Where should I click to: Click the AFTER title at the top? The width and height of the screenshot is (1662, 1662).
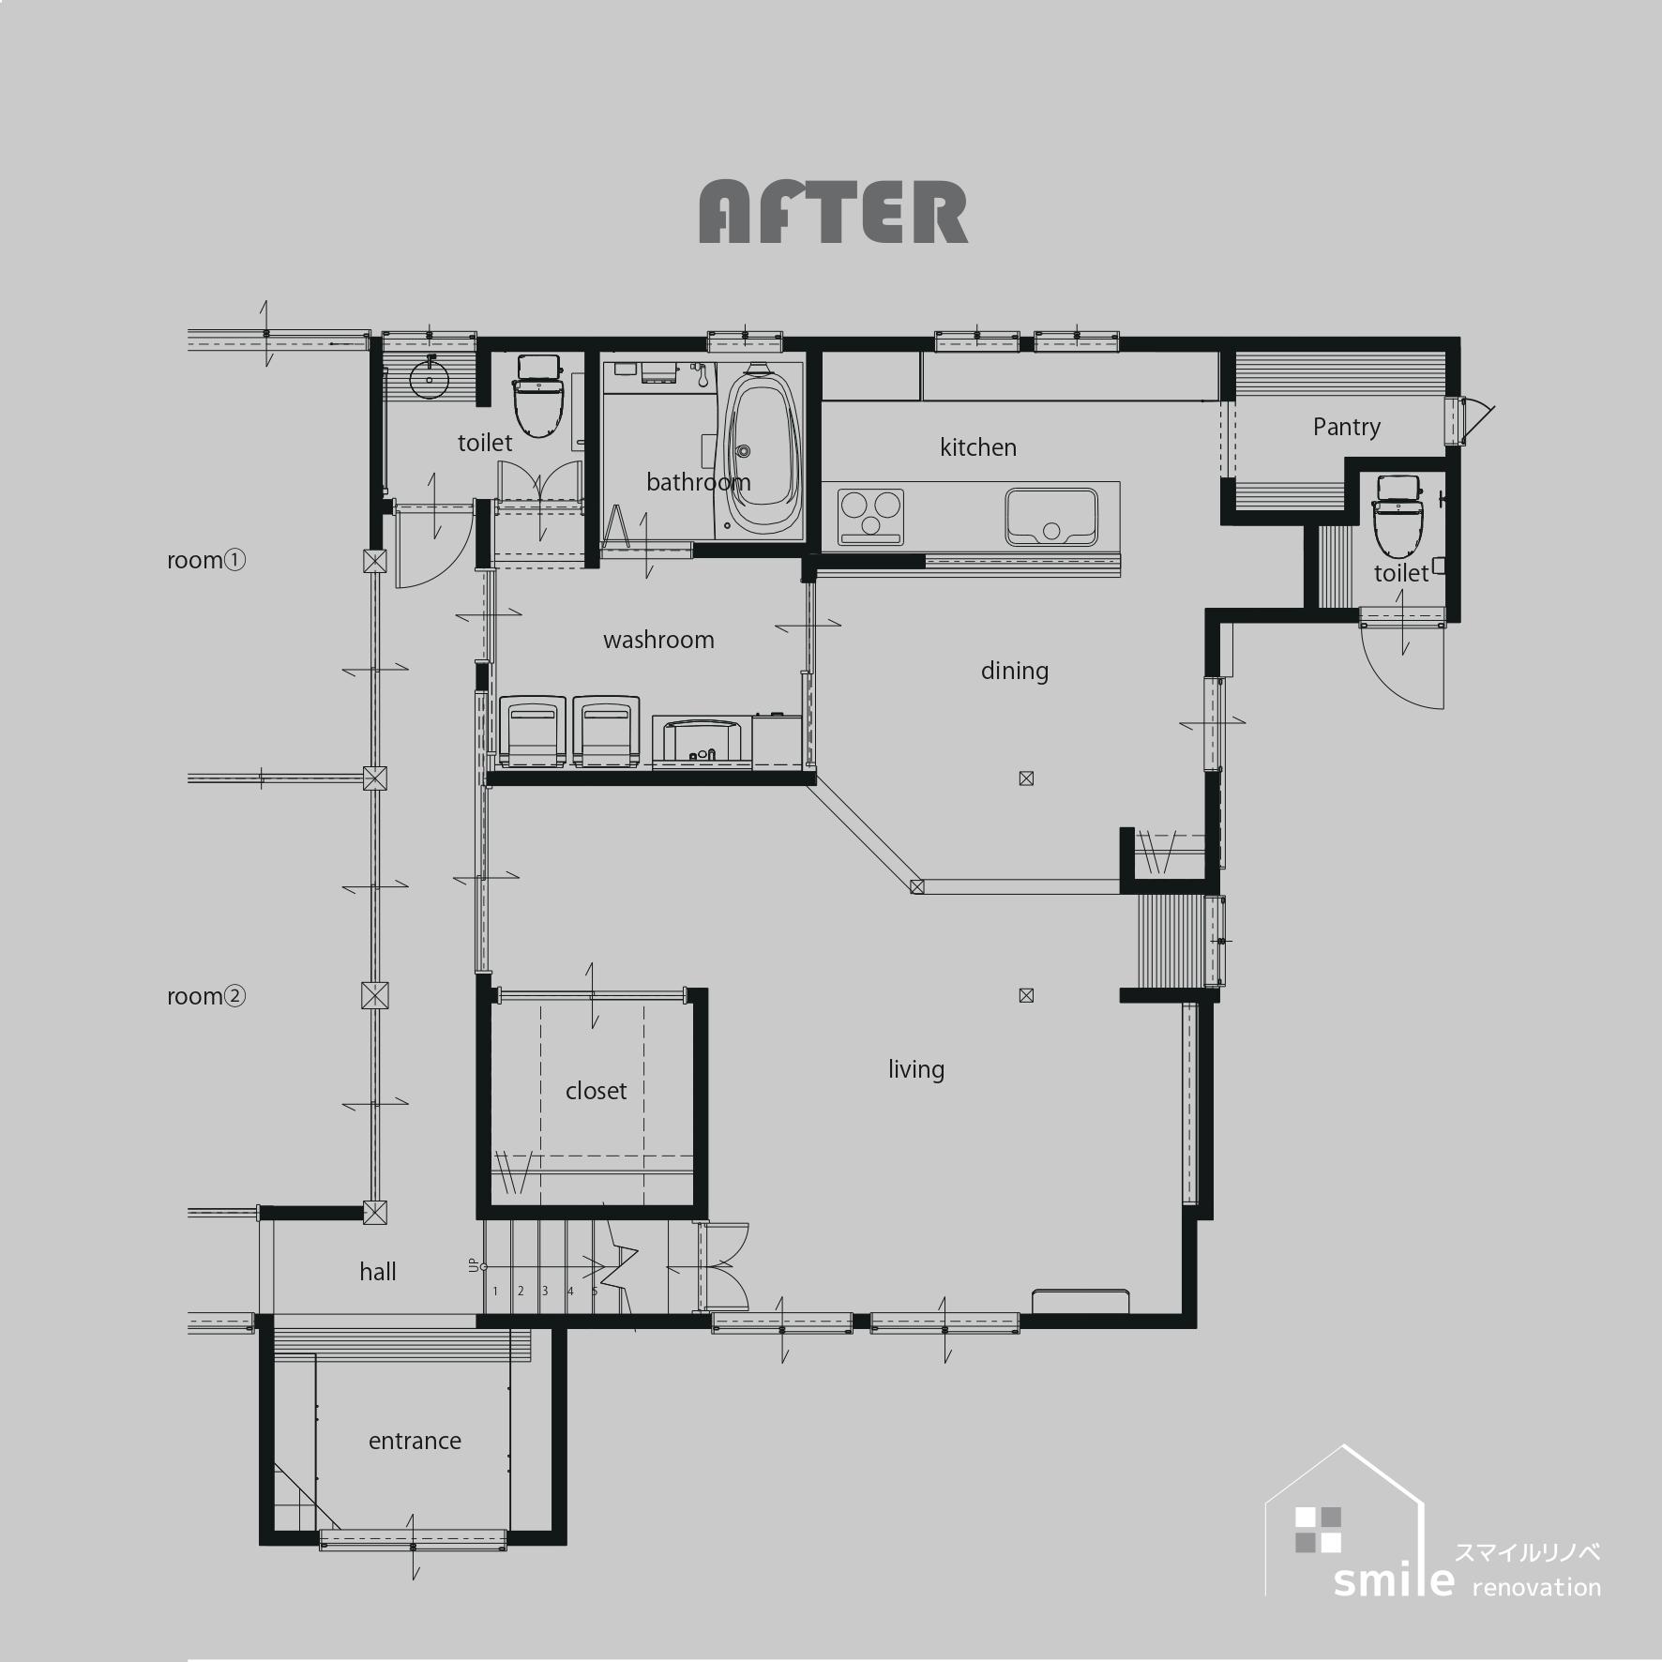pos(834,213)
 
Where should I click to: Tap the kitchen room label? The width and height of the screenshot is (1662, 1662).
pos(978,447)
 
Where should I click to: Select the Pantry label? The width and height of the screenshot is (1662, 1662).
pos(1347,428)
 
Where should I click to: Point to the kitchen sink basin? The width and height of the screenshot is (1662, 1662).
pos(1051,516)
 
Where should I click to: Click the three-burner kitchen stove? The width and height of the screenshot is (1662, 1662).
pos(870,516)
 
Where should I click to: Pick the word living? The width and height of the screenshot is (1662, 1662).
pos(916,1069)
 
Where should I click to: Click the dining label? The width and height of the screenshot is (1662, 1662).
pos(1015,671)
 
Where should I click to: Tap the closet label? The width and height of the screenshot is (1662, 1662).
pos(596,1091)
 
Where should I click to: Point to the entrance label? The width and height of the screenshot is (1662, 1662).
pos(415,1441)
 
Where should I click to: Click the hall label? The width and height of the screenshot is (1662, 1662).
pos(378,1272)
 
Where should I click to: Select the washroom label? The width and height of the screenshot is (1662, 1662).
pos(658,640)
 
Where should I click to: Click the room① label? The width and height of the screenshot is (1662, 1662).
pos(206,560)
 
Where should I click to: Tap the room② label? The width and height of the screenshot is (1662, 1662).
pos(206,996)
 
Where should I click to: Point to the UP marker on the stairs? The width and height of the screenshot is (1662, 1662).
pos(473,1265)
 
